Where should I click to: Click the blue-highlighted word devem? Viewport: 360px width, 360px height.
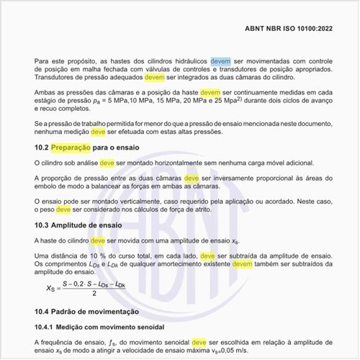pyautogui.click(x=220, y=62)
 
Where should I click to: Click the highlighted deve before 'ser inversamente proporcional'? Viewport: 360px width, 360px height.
pyautogui.click(x=191, y=179)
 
